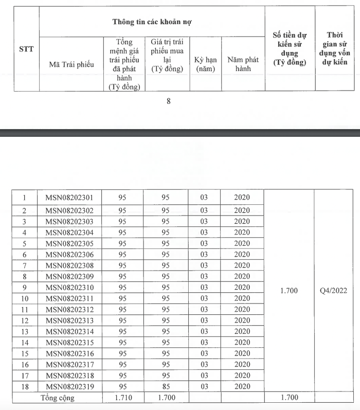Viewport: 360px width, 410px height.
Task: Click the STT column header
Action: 26,49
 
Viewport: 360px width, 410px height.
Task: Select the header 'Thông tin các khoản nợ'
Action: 152,22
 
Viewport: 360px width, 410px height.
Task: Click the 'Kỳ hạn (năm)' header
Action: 205,64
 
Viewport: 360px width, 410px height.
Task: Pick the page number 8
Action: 169,101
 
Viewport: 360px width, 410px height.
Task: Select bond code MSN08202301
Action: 70,198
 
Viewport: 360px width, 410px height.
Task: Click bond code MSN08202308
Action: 70,265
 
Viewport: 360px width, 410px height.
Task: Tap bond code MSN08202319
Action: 70,386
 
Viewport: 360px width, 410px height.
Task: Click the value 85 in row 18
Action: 165,386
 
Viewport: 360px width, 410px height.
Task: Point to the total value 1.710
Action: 122,398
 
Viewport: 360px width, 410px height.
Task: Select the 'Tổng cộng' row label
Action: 58,398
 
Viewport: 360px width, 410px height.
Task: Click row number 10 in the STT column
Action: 25,298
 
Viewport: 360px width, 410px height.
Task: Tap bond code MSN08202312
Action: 70,309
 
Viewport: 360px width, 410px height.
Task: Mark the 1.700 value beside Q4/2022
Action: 289,291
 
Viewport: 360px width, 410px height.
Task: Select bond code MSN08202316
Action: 70,353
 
